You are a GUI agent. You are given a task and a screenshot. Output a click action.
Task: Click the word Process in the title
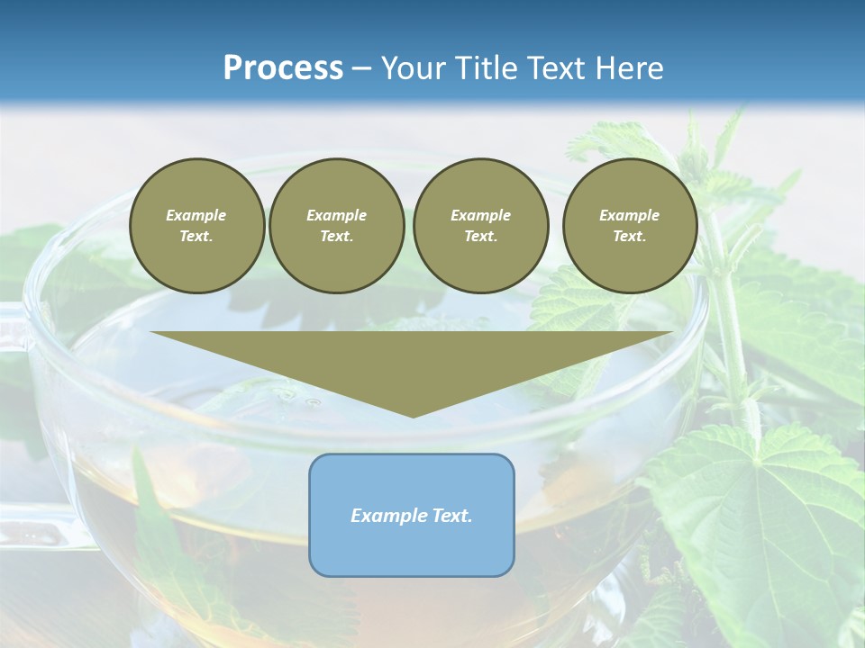point(283,68)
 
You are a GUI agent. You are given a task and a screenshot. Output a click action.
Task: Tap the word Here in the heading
point(629,68)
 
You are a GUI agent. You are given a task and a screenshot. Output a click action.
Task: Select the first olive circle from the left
point(196,226)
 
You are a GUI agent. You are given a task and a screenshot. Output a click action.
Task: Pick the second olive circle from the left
point(336,226)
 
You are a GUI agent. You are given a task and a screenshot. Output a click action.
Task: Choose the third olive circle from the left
point(480,226)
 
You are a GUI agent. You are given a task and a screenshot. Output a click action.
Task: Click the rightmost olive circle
point(629,226)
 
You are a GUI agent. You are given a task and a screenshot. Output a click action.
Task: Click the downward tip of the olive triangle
point(413,415)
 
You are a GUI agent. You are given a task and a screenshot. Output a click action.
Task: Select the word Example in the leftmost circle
point(196,215)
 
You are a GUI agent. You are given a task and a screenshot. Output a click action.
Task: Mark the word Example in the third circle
point(480,215)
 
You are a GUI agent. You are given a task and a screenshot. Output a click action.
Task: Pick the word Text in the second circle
point(335,237)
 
